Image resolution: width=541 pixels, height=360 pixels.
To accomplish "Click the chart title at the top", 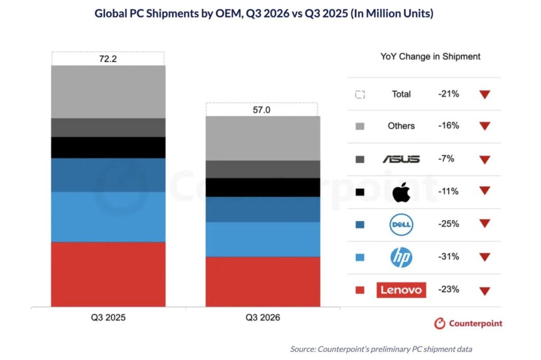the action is [x=264, y=13].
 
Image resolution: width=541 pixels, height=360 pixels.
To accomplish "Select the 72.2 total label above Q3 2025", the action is [x=108, y=59].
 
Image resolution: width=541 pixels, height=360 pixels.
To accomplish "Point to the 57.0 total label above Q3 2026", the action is [x=262, y=110].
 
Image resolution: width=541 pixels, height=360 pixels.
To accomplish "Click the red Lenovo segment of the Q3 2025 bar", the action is [x=108, y=274].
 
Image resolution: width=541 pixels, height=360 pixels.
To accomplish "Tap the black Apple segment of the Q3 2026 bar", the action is [x=263, y=187].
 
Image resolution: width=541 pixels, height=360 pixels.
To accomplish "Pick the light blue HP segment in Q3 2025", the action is [x=108, y=217].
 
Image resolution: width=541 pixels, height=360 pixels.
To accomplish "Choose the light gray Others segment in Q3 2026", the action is [x=263, y=138].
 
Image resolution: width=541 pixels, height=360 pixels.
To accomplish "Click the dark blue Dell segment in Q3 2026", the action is [x=263, y=210].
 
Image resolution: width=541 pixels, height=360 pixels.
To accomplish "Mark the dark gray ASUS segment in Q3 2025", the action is [x=108, y=128].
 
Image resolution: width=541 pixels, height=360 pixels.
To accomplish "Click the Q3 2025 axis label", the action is [x=108, y=317].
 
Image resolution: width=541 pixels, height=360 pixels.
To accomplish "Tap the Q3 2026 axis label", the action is [x=263, y=317].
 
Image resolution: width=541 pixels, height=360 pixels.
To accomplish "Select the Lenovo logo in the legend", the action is [x=402, y=290].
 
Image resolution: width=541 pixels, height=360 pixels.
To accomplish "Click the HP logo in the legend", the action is [x=402, y=257].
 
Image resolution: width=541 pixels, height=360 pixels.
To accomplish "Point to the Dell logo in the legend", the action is [x=402, y=224].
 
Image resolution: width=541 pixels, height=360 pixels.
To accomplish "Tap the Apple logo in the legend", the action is [x=402, y=192].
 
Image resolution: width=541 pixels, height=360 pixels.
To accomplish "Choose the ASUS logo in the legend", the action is [x=402, y=159].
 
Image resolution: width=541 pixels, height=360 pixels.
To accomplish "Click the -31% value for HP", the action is [x=449, y=257].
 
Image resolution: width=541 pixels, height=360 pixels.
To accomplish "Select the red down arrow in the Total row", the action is [x=485, y=94].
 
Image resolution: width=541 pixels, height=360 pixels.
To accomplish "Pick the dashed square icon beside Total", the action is [x=360, y=94].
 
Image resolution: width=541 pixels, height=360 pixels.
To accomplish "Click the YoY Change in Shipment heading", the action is [x=430, y=56].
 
